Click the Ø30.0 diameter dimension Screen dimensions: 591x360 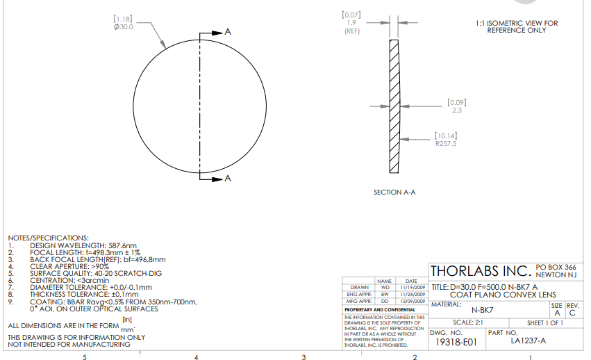123,27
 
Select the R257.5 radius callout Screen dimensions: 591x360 446,144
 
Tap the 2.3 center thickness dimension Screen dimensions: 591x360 457,111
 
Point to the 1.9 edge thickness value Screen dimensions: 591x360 351,23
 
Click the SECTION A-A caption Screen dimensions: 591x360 394,193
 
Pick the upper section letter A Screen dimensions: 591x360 228,32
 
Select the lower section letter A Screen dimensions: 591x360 228,178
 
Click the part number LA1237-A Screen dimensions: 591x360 528,341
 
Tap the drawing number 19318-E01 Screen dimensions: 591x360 456,342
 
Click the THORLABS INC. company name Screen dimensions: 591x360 481,271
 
